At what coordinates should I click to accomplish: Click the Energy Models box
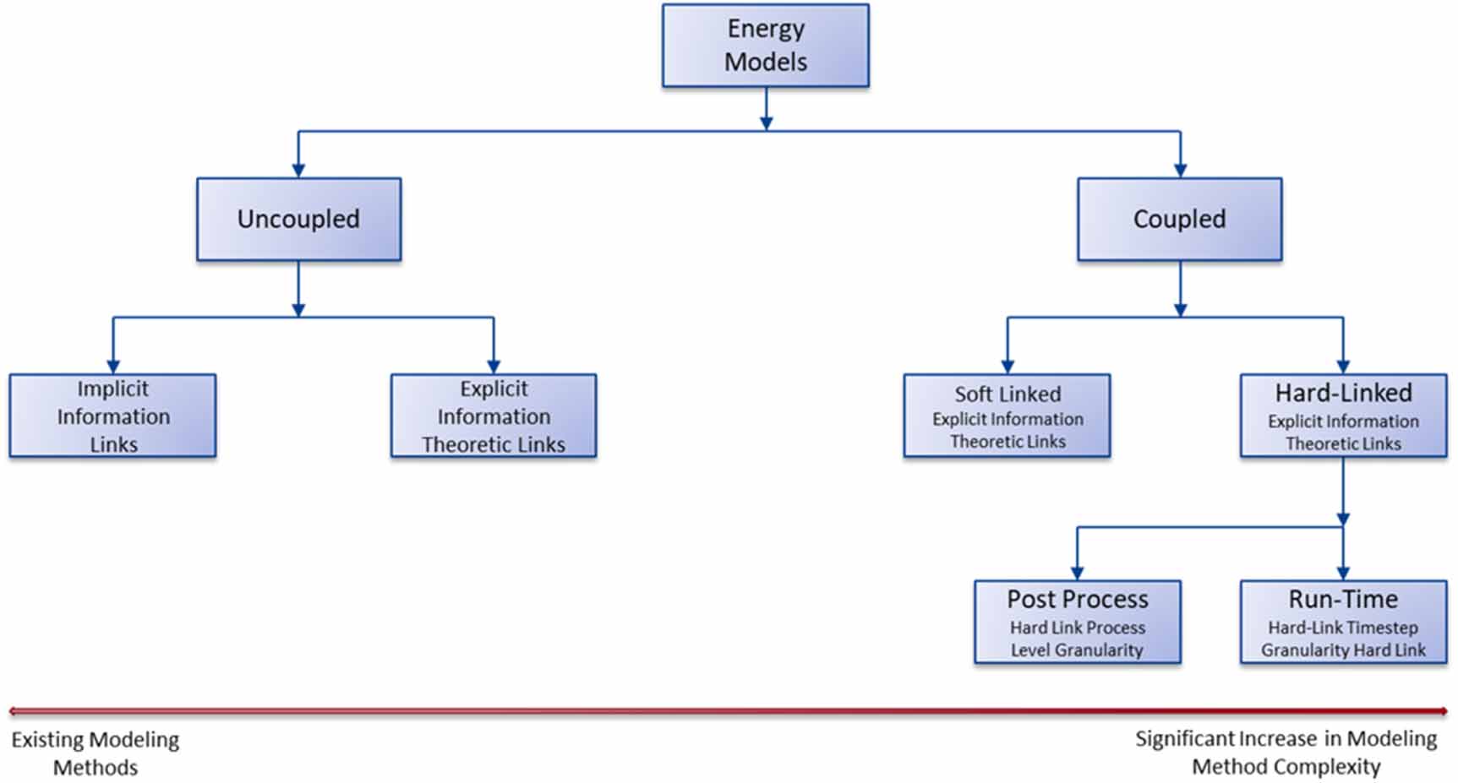pos(765,46)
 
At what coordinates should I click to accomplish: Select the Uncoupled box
pos(298,219)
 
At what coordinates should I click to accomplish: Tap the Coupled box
pos(1179,219)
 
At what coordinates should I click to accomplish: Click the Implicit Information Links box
pos(112,416)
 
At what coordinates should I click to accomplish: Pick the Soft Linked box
pos(1007,416)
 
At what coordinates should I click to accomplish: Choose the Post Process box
pos(1077,622)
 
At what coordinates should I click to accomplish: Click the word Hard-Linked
pos(1343,393)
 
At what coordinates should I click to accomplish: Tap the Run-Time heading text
pos(1343,599)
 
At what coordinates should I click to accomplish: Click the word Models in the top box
pos(766,62)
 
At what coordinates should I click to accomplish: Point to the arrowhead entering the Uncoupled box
pos(298,170)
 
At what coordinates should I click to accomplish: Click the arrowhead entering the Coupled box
pos(1181,170)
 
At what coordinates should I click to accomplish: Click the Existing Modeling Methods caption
pos(96,753)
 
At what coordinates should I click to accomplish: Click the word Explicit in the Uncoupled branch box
pos(494,389)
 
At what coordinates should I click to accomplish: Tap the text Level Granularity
pos(1077,650)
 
